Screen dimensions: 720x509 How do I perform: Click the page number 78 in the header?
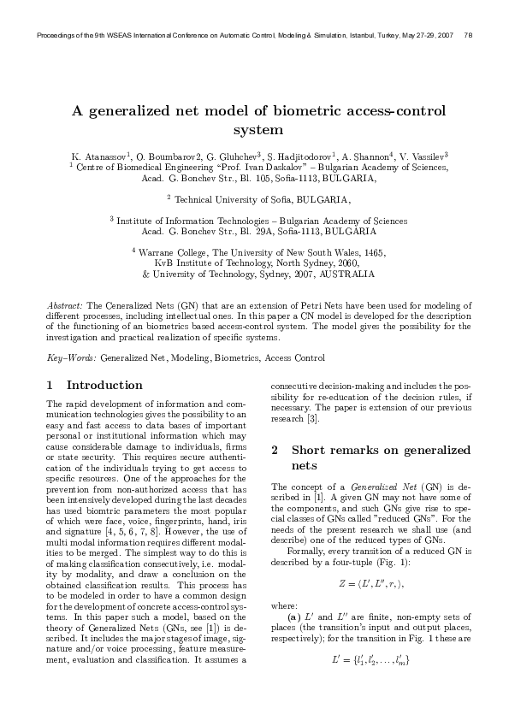pos(469,35)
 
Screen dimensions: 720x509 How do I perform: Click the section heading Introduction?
pos(104,385)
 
